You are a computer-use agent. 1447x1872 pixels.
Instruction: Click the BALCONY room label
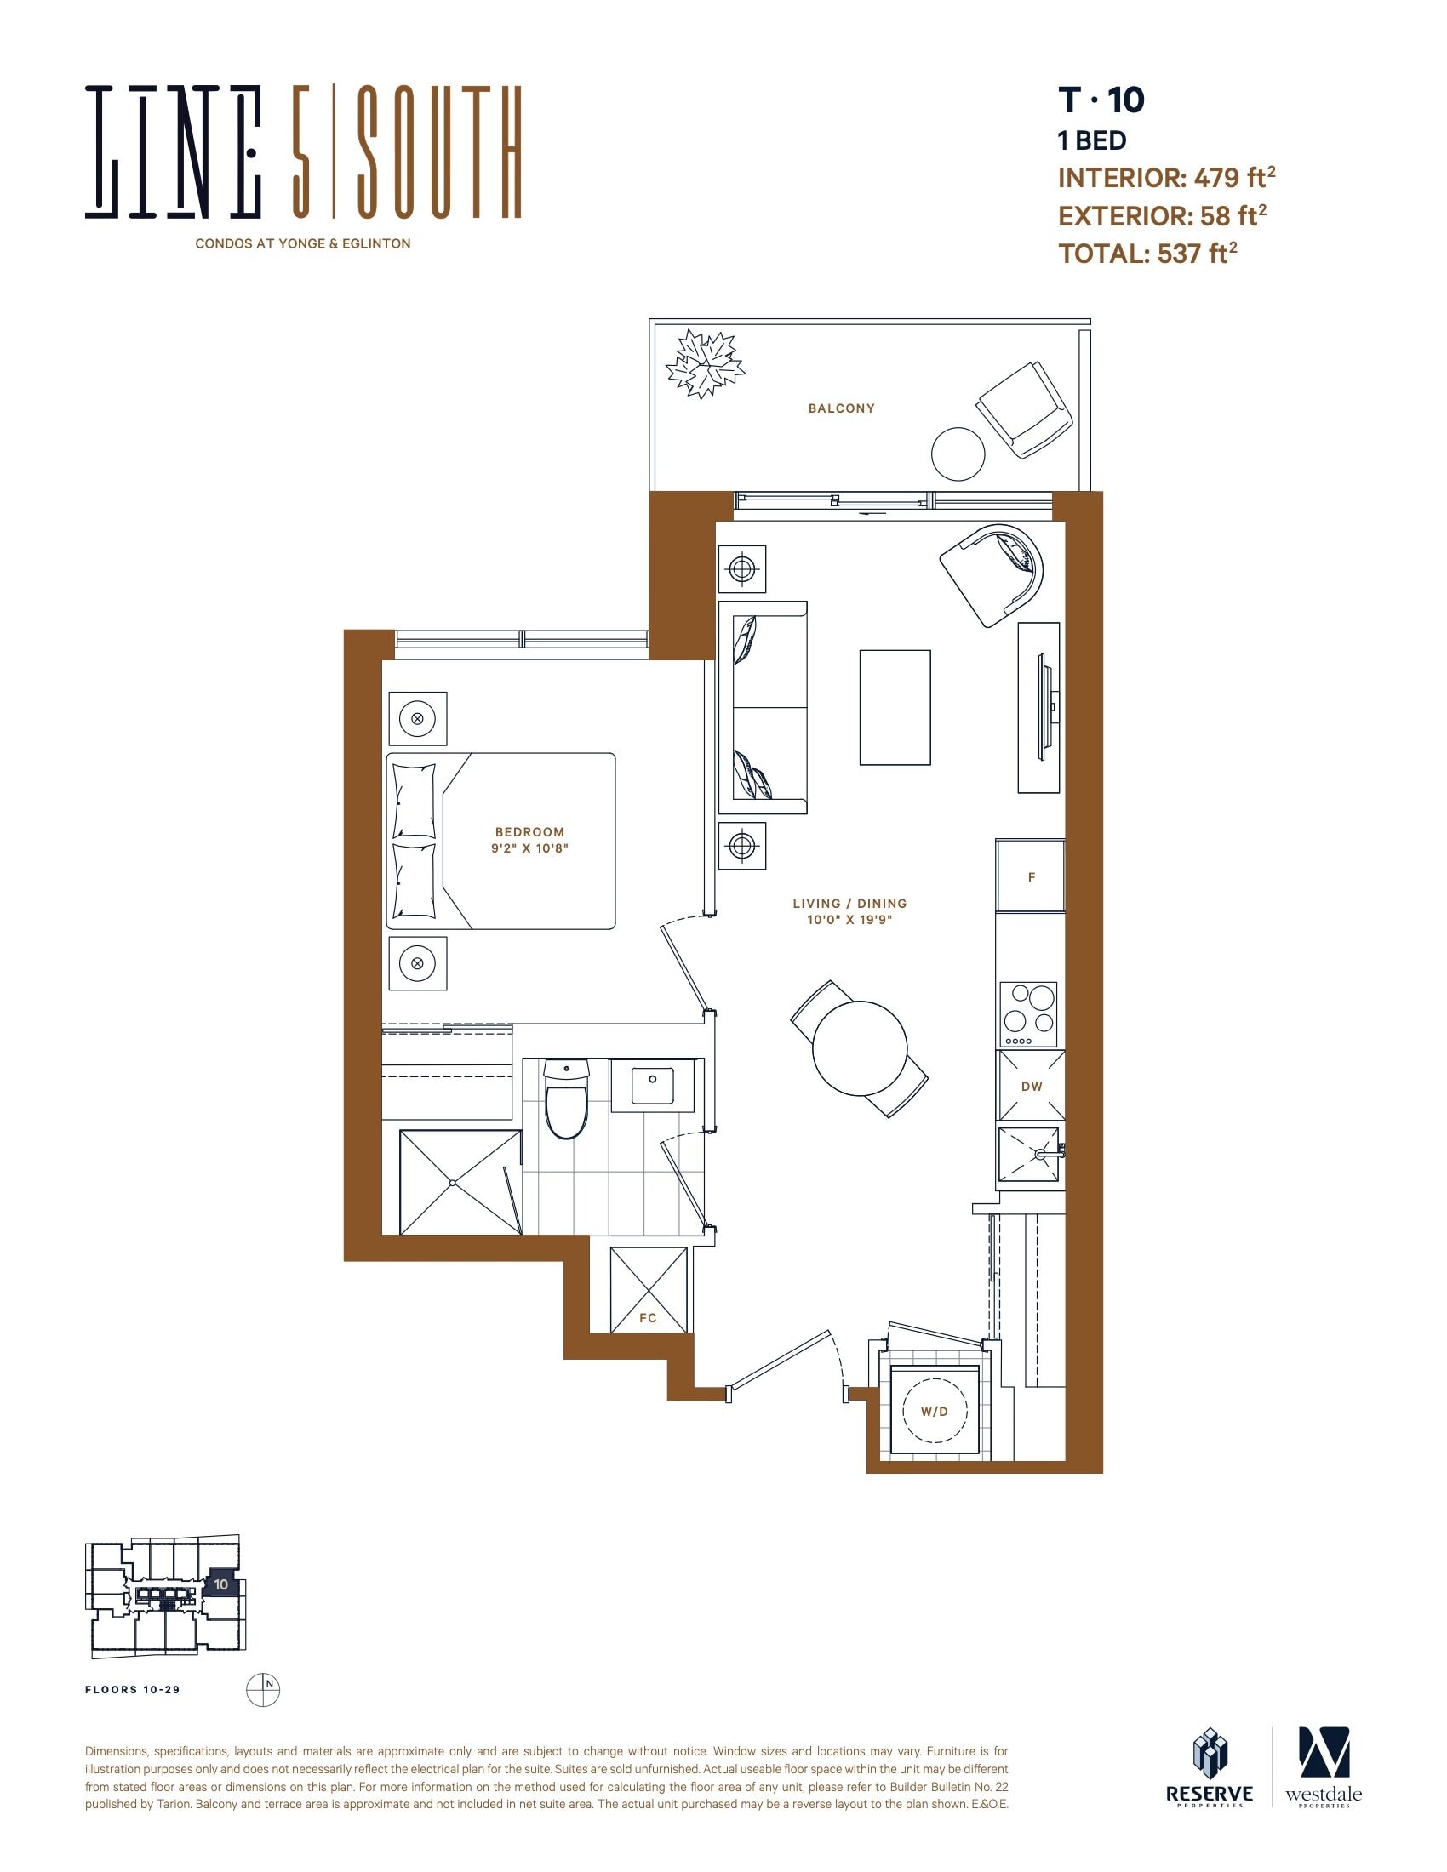[x=841, y=408]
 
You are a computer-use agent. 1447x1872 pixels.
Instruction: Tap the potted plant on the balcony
[x=706, y=364]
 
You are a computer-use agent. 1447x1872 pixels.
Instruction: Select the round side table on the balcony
[x=958, y=454]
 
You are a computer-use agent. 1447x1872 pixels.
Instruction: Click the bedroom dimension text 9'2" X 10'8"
[x=529, y=848]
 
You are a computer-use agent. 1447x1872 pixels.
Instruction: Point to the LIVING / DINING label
[x=849, y=904]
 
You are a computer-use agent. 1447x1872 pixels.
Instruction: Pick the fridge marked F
[x=1031, y=876]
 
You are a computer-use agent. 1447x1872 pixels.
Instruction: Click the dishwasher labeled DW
[x=1031, y=1085]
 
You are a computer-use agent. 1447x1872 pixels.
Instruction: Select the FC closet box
[x=649, y=1289]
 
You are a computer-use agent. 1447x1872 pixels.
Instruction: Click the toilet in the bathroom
[x=567, y=1099]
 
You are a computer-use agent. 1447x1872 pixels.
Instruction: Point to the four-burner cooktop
[x=1029, y=1014]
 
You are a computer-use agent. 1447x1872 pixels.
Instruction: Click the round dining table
[x=859, y=1048]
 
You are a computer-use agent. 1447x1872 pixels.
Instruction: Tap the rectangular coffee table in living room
[x=895, y=707]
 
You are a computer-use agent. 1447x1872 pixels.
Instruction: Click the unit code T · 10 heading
[x=1101, y=100]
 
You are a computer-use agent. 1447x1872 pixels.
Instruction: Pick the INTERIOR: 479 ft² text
[x=1167, y=178]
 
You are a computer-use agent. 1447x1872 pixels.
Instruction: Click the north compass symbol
[x=263, y=1689]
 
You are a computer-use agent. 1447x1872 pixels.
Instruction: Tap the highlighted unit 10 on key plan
[x=221, y=1584]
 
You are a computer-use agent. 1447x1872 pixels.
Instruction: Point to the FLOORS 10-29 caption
[x=133, y=1689]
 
